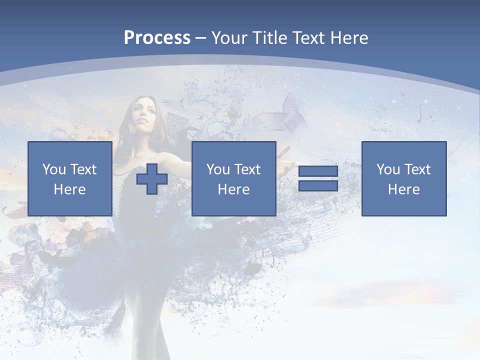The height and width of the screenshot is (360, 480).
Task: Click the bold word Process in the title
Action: (157, 38)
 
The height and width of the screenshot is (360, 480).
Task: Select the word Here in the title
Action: (348, 38)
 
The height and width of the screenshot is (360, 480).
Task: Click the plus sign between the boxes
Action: (152, 179)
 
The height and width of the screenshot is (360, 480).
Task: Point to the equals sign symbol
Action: (318, 179)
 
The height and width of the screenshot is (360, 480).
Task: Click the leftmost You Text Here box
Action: (70, 179)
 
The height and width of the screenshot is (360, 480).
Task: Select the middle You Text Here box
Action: (233, 179)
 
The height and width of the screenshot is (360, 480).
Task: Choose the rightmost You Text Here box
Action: (404, 179)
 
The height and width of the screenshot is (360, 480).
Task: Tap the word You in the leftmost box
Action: (54, 169)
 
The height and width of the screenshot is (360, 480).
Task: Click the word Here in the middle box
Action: (233, 189)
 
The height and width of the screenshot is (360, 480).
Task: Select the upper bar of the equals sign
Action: (318, 172)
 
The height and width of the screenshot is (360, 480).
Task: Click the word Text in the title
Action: (310, 38)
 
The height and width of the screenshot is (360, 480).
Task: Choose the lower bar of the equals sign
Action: (318, 186)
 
